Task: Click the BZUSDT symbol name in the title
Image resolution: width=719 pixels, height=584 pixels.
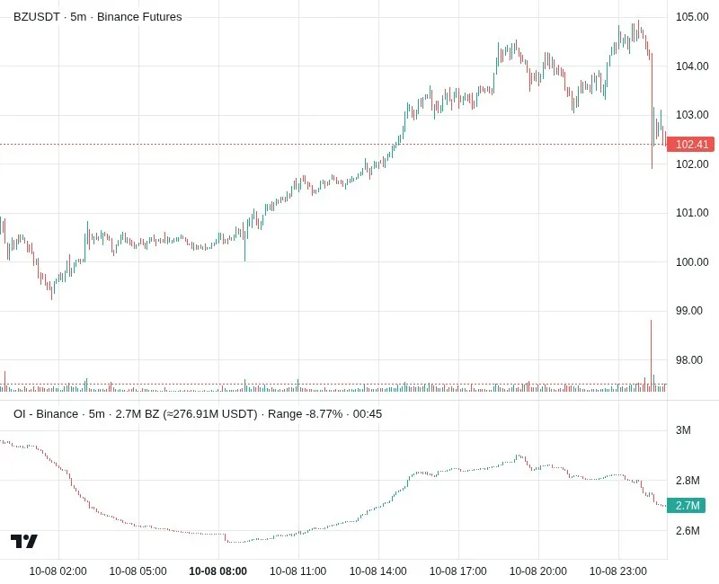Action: point(37,17)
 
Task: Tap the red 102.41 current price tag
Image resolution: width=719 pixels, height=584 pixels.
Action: point(690,145)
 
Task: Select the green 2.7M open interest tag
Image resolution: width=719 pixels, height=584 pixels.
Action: point(686,505)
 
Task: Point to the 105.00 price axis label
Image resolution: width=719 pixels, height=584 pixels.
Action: point(692,17)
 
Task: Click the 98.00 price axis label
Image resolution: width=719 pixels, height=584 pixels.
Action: point(688,360)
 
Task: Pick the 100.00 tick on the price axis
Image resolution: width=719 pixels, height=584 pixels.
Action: point(692,262)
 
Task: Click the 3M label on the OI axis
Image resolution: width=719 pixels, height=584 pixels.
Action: point(683,430)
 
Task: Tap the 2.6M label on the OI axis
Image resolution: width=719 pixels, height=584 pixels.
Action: point(688,531)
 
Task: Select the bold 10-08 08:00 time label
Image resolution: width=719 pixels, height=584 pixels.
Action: point(217,571)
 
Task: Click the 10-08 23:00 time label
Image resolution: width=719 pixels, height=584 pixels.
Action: point(618,571)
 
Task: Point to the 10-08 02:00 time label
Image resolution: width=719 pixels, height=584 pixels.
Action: point(58,571)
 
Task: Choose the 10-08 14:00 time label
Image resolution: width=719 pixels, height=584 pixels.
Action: point(377,571)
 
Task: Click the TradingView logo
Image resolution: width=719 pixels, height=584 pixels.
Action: point(24,542)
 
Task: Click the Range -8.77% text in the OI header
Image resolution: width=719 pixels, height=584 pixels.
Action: point(305,414)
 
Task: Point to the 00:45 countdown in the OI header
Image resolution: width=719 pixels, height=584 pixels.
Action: point(368,414)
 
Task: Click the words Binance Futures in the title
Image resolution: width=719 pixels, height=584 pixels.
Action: point(139,17)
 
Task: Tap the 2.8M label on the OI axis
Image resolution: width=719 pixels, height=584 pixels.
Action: point(688,481)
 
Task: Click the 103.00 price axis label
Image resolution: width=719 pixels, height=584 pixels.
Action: point(692,115)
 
